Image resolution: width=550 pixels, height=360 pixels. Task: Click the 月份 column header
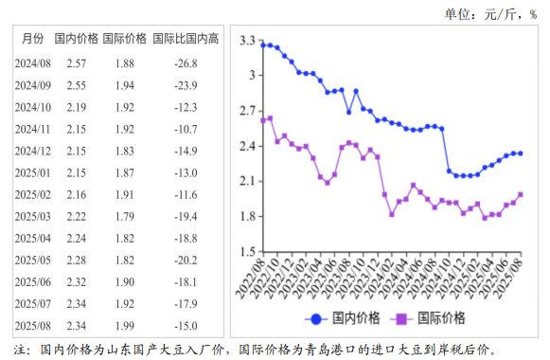tap(31, 39)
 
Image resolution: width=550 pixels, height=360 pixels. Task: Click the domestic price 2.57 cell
tap(76, 63)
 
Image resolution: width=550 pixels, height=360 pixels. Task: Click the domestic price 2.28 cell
tap(76, 261)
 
